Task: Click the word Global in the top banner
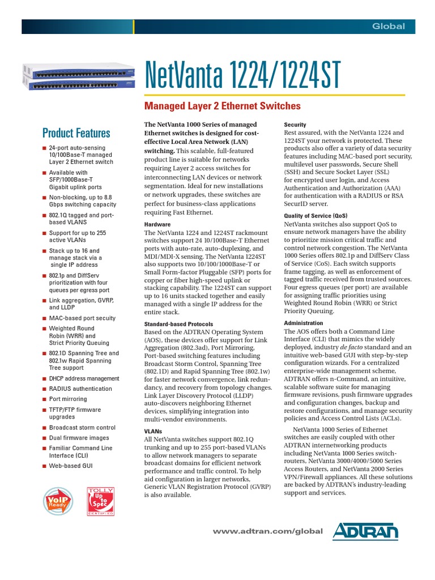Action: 388,27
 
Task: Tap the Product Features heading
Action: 76,133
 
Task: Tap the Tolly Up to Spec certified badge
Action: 100,501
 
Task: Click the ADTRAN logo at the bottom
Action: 365,531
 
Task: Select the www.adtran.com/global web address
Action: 267,531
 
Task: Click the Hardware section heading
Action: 157,224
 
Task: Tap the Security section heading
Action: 295,125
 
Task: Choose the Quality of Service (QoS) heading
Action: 315,216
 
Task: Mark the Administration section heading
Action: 303,323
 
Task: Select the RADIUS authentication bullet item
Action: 80,389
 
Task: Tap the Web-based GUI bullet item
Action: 70,466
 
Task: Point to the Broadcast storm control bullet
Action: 82,428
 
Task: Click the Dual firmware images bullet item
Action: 79,438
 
